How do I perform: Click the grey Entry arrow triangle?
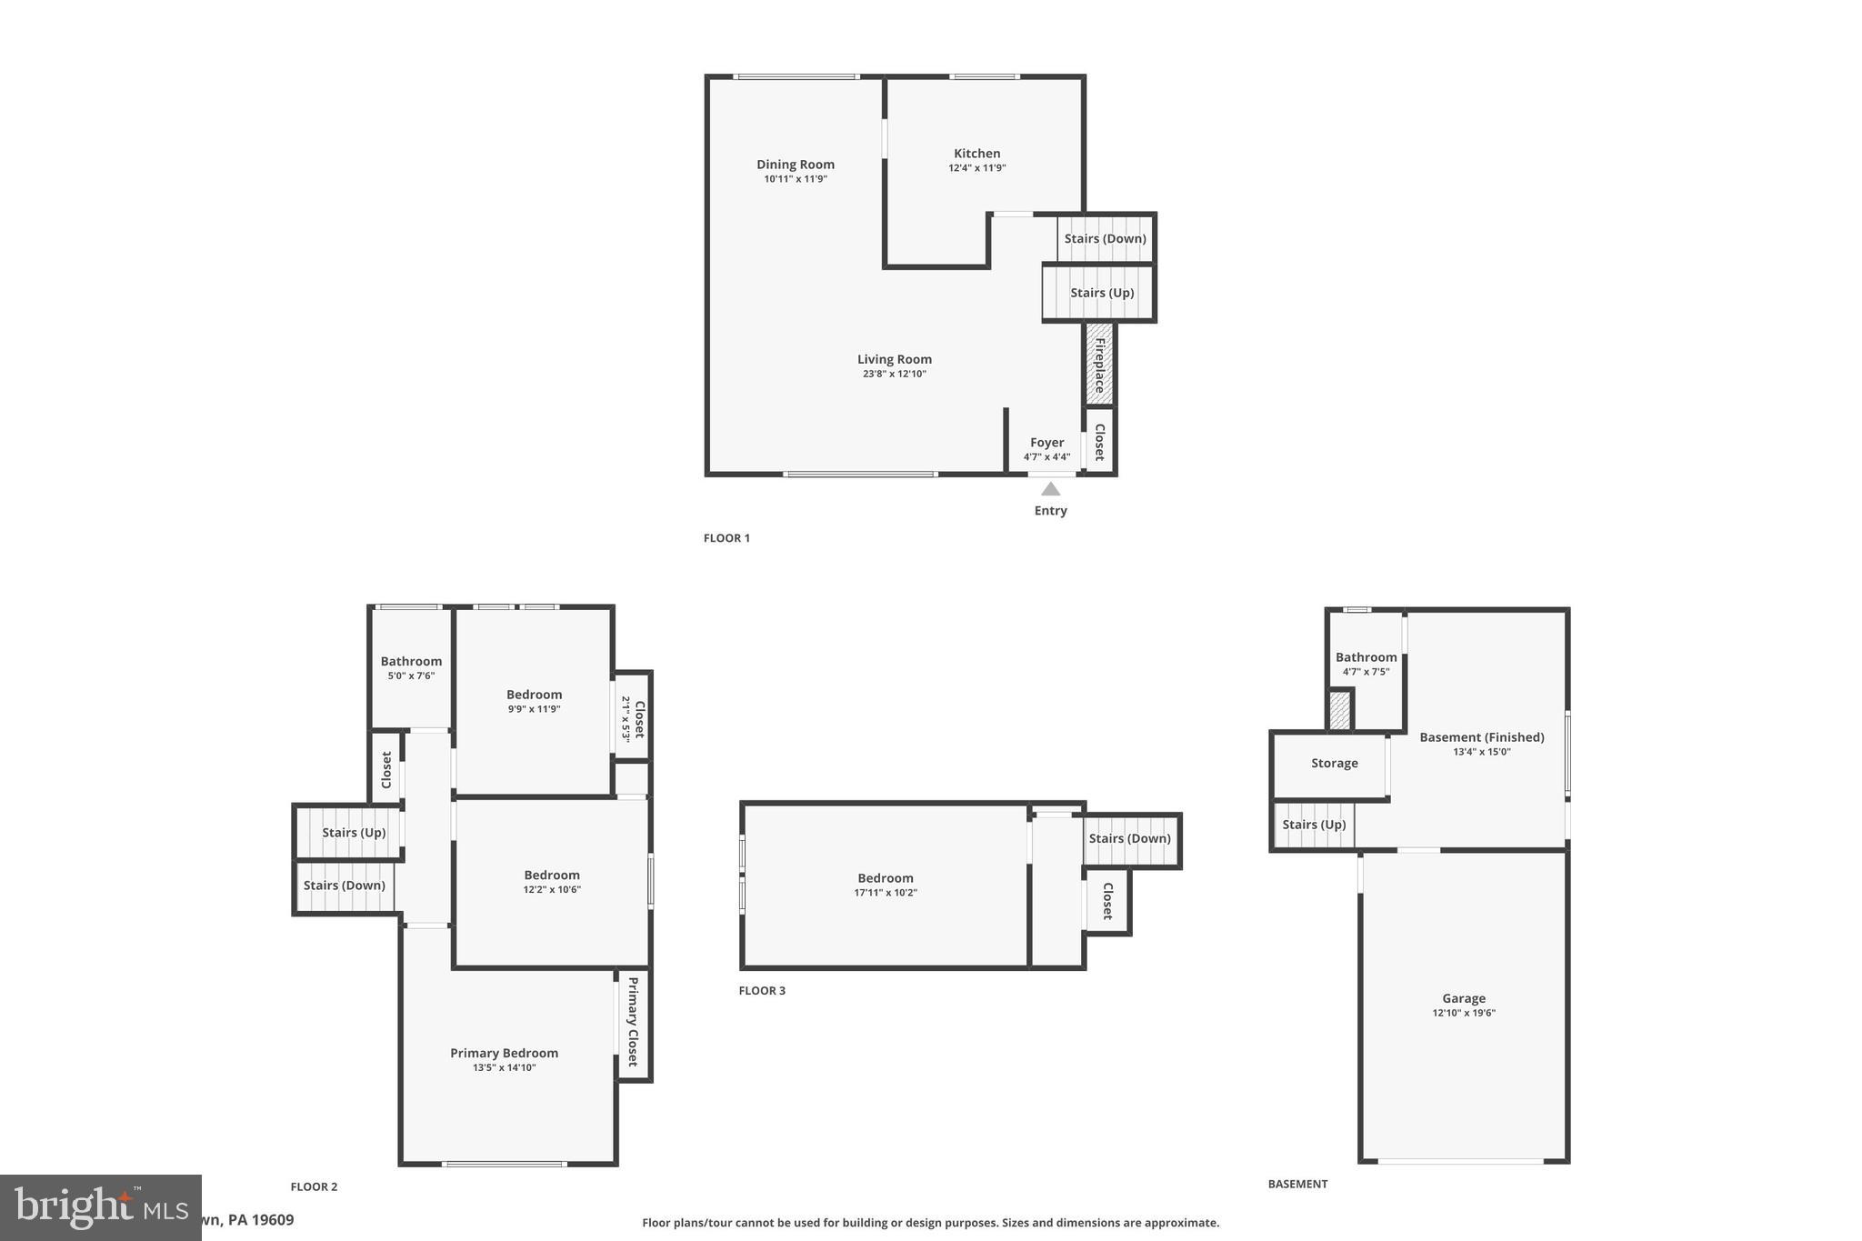coord(1050,489)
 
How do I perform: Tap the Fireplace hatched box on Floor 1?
coord(1099,365)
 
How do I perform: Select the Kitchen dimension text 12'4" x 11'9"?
coord(976,168)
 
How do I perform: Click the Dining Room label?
coord(795,165)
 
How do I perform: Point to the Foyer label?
coord(1046,443)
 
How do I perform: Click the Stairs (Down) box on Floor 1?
coord(1106,239)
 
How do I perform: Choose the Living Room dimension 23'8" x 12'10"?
coord(894,374)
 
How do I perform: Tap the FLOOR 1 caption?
coord(726,538)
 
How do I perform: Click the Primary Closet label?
coord(633,1022)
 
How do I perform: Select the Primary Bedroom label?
coord(504,1053)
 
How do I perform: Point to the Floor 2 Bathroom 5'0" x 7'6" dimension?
coord(411,676)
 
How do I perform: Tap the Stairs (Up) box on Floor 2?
coord(353,833)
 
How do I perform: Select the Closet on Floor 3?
coord(1107,901)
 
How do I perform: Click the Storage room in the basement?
coord(1334,764)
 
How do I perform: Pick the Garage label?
coord(1463,998)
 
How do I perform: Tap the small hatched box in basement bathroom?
coord(1339,710)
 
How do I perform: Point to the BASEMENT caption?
coord(1297,1184)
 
